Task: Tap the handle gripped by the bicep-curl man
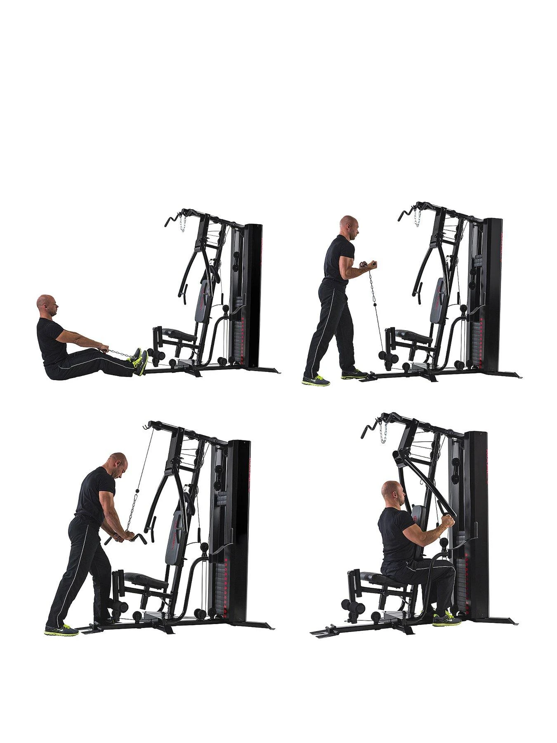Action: pos(369,263)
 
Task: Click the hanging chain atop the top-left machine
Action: pos(181,223)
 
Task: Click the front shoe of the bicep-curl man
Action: pos(354,374)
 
